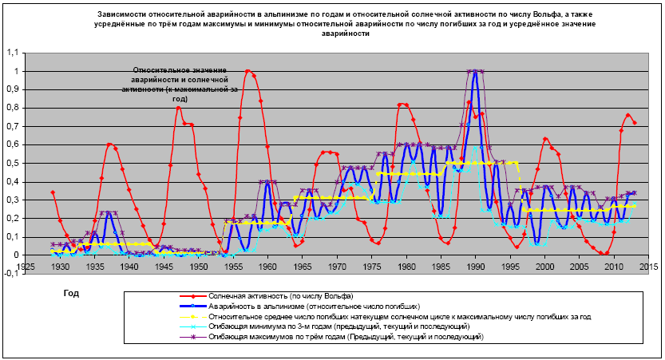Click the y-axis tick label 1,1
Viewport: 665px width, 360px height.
(x=10, y=53)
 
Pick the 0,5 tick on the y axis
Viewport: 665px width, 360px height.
(x=10, y=163)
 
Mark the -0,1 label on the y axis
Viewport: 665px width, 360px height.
(x=10, y=273)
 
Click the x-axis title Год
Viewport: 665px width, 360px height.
(x=71, y=293)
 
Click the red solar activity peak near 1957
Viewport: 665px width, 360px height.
(x=247, y=71)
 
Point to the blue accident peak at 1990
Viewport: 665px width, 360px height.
(x=475, y=72)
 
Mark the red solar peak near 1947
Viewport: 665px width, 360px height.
(x=178, y=108)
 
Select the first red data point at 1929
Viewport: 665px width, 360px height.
(x=52, y=192)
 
